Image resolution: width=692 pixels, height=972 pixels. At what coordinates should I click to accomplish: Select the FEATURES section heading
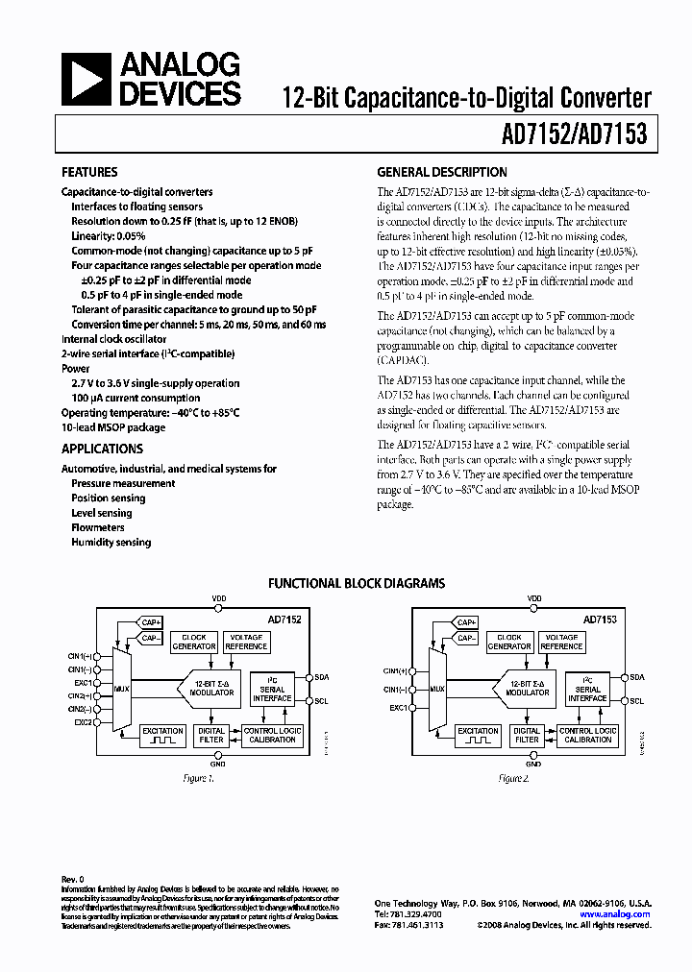89,173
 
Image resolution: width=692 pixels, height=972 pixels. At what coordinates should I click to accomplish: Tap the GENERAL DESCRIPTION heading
442,173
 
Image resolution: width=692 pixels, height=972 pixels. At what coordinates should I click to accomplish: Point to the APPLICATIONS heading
102,449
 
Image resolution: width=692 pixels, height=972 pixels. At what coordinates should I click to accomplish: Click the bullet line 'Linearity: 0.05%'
109,235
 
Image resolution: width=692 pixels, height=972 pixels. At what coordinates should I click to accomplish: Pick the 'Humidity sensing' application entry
111,542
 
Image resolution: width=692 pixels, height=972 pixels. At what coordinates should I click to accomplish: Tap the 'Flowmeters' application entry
98,527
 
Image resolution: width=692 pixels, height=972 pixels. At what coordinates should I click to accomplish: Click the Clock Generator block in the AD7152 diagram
194,642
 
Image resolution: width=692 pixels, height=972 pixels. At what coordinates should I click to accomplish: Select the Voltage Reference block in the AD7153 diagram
561,642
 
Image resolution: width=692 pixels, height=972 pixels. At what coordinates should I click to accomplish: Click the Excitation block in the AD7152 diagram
162,736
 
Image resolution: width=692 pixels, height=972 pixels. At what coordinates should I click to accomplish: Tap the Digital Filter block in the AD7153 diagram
527,736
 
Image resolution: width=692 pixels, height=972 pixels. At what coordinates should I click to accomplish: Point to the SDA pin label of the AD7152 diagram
322,676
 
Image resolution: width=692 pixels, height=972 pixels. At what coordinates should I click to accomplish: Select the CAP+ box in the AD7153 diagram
467,622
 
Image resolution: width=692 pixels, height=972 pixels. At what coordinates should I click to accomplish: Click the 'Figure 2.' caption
513,777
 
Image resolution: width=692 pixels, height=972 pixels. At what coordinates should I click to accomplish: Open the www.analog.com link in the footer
616,914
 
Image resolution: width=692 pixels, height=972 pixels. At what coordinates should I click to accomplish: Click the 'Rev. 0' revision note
73,879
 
